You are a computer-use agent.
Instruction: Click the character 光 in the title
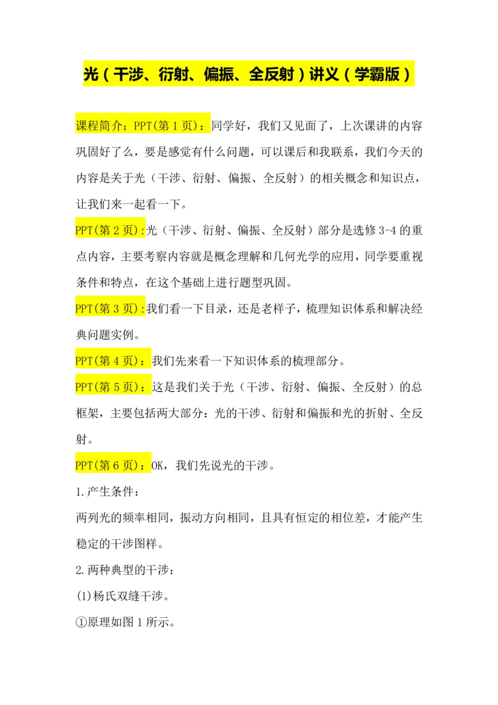tap(91, 75)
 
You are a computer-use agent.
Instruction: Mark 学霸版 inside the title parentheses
tap(377, 75)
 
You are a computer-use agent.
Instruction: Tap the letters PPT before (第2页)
tap(84, 230)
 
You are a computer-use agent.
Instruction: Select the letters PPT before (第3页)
tap(84, 308)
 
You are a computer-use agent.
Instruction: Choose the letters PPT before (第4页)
tap(84, 361)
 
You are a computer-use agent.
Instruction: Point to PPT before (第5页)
tap(84, 387)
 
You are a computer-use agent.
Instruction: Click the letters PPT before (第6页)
tap(84, 465)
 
